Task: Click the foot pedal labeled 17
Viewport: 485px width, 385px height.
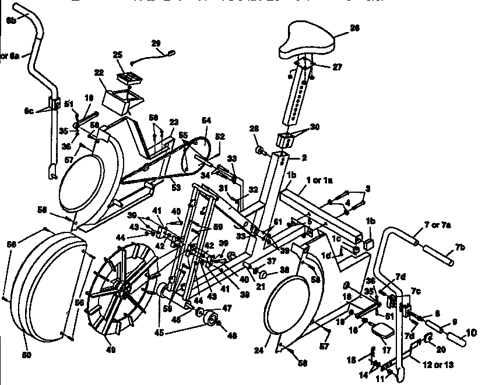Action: (384, 333)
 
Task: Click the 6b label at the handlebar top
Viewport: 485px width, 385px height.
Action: (11, 20)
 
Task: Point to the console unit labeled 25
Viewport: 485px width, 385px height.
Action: (126, 77)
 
